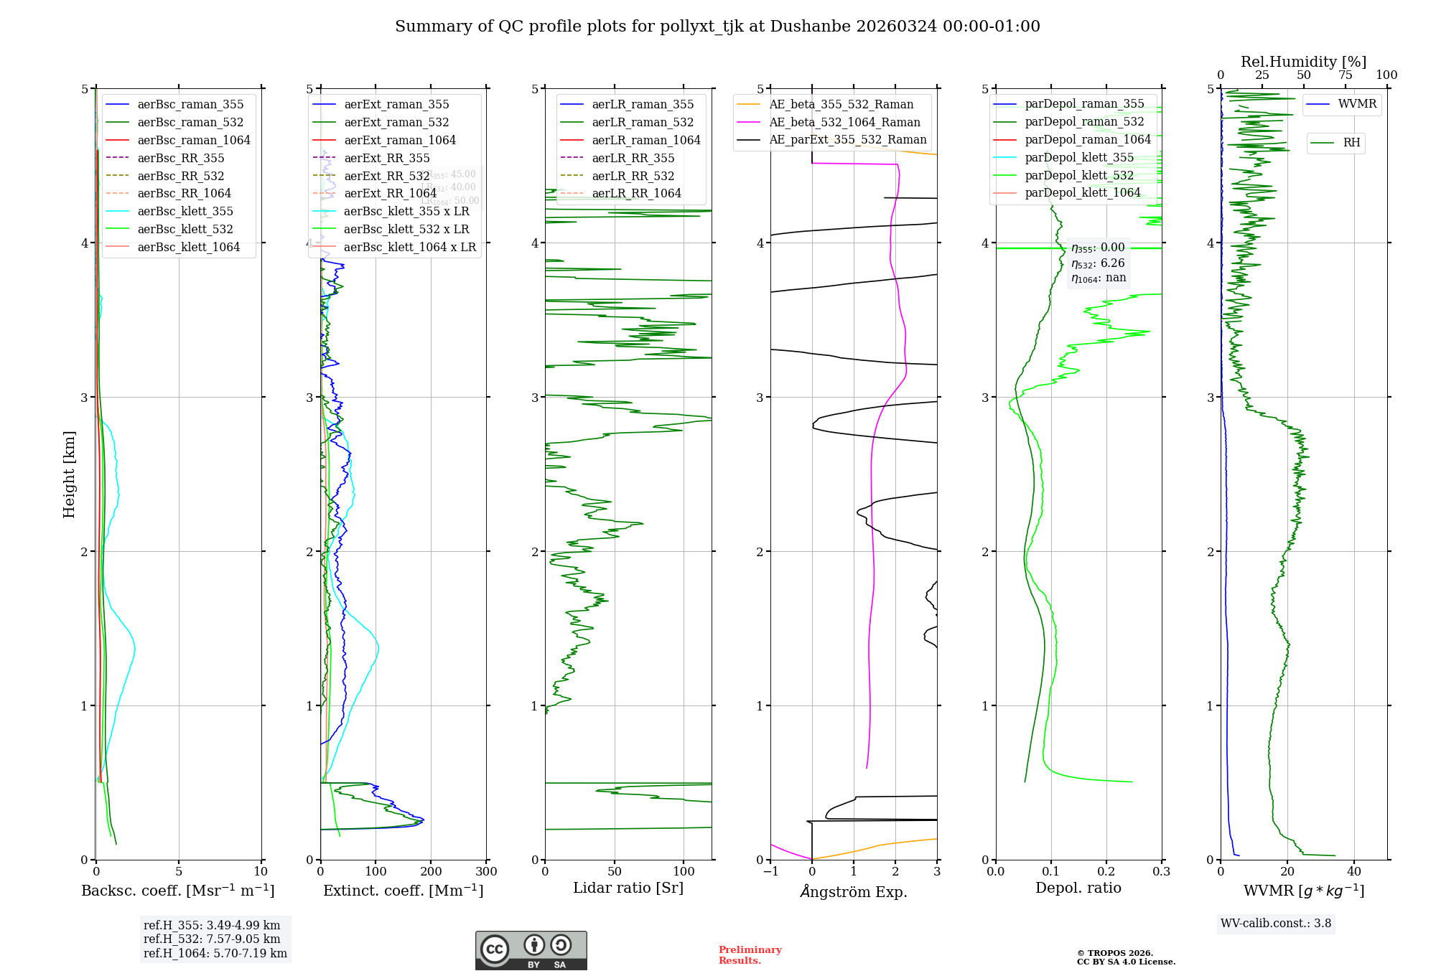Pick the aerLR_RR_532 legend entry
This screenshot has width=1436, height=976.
pos(633,176)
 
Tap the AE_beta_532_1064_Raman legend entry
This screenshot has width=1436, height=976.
pos(844,122)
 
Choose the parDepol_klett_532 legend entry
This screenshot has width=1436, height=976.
pos(1079,175)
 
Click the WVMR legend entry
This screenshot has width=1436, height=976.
pos(1357,104)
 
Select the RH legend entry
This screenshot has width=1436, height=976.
pos(1351,143)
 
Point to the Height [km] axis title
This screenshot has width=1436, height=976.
pos(69,474)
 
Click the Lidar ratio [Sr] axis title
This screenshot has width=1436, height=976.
pos(628,888)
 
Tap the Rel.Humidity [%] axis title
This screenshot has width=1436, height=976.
pos(1303,62)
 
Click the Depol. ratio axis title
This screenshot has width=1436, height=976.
pos(1078,888)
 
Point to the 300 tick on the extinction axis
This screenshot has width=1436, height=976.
pos(486,872)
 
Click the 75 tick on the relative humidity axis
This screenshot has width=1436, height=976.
pos(1345,75)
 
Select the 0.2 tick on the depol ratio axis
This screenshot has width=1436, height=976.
pos(1106,872)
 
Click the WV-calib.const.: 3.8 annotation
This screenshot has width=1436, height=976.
pos(1276,924)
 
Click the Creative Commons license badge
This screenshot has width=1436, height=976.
pos(531,951)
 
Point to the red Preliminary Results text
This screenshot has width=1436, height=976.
pos(750,955)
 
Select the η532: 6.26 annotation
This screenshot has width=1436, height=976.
pos(1098,263)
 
